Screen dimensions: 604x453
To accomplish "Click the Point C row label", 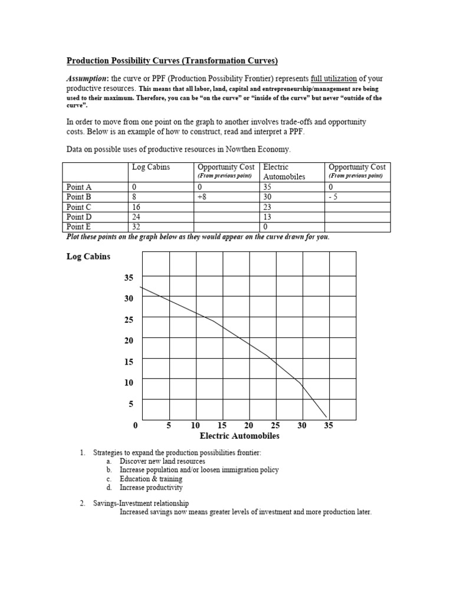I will pyautogui.click(x=79, y=206).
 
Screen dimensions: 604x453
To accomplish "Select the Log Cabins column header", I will pyautogui.click(x=150, y=168).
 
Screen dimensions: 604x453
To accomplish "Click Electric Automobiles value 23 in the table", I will pyautogui.click(x=268, y=206).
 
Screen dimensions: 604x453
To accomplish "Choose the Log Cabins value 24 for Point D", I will pyautogui.click(x=137, y=216).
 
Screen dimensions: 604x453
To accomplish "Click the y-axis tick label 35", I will pyautogui.click(x=128, y=277).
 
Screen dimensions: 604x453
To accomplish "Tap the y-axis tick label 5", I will pyautogui.click(x=130, y=404).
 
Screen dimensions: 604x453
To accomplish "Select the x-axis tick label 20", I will pyautogui.click(x=248, y=425).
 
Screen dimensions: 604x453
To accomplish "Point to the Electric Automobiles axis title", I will pyautogui.click(x=239, y=436).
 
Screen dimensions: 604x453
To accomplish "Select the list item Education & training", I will pyautogui.click(x=150, y=479).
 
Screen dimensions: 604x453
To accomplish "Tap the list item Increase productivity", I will pyautogui.click(x=151, y=488).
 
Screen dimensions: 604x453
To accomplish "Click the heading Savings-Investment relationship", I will pyautogui.click(x=140, y=503).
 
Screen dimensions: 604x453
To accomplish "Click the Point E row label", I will pyautogui.click(x=79, y=226).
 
